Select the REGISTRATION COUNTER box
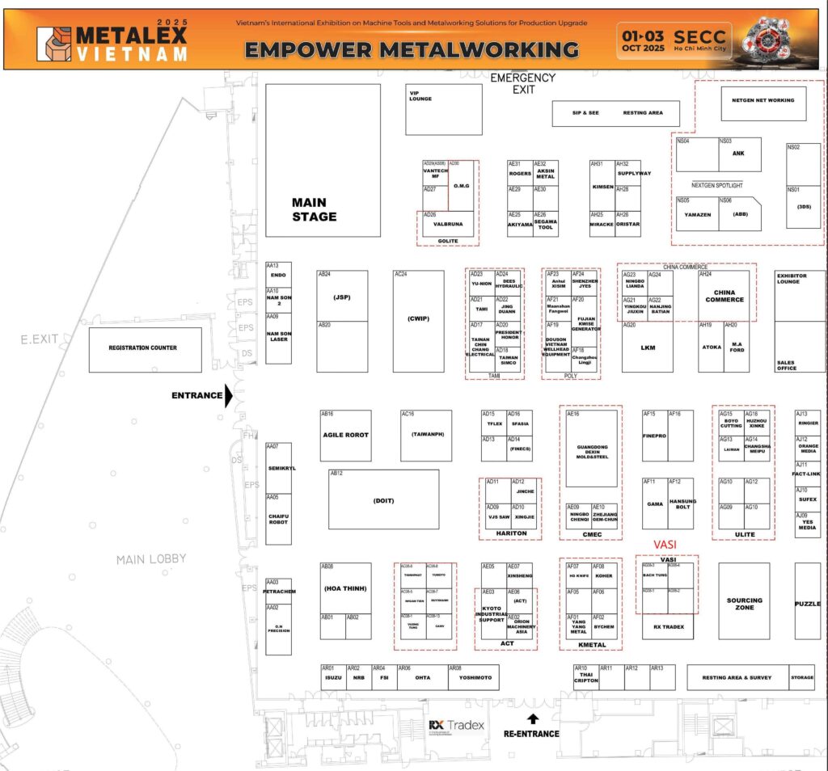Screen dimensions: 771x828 [142, 348]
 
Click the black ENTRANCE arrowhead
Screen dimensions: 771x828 [229, 396]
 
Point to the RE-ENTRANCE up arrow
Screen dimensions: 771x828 [532, 718]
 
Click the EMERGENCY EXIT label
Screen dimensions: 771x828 [523, 83]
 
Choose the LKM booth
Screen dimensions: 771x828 [648, 348]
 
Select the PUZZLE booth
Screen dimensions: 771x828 [807, 605]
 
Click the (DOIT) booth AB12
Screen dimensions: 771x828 [383, 500]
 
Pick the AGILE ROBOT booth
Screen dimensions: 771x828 [345, 436]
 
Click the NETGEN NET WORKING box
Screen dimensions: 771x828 [763, 101]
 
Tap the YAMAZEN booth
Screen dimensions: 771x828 [697, 215]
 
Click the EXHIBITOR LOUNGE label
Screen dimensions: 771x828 [792, 280]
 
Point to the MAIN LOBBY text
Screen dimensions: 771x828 [151, 559]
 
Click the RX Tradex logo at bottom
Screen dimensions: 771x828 [457, 725]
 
